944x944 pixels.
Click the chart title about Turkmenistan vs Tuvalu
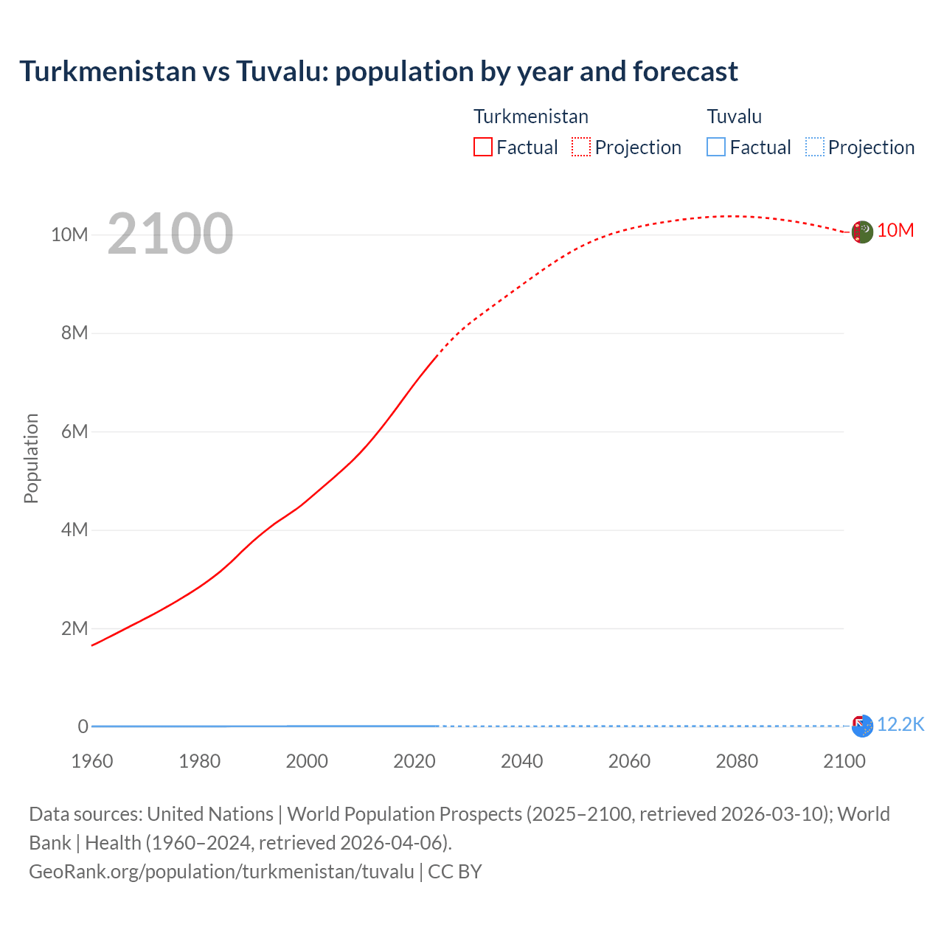click(x=378, y=72)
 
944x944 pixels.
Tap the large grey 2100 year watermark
click(x=170, y=234)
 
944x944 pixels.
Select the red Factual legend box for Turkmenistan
click(x=482, y=147)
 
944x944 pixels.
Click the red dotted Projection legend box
click(x=581, y=147)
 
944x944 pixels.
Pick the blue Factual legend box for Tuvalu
click(x=715, y=147)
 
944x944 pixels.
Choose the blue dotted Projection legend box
click(x=814, y=147)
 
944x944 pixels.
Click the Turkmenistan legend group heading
click(x=530, y=117)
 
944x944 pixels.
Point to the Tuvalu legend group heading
click(x=734, y=117)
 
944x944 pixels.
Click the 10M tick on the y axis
click(x=69, y=235)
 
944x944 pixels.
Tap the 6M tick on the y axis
click(x=74, y=431)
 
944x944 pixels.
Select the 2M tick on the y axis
click(x=74, y=628)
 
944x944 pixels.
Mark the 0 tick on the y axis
click(x=83, y=726)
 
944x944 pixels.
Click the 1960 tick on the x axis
click(x=92, y=761)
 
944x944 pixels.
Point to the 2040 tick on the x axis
click(x=521, y=761)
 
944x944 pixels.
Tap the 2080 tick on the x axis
click(x=736, y=761)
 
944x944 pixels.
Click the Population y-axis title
click(x=31, y=458)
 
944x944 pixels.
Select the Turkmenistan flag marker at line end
click(x=862, y=232)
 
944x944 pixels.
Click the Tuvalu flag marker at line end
click(x=862, y=726)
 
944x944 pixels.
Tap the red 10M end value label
click(x=895, y=231)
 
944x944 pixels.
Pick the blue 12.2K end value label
click(x=900, y=724)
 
